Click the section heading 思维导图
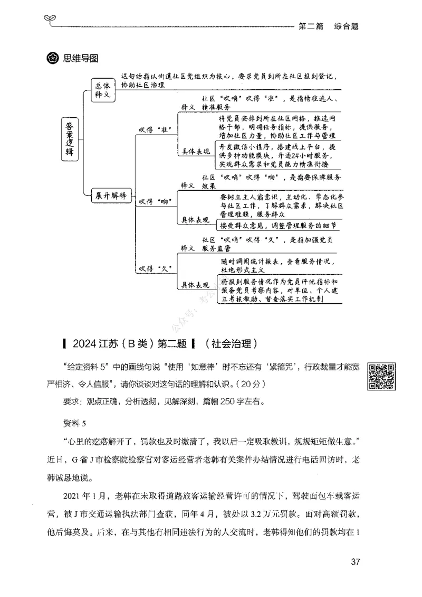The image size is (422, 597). [x=81, y=58]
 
